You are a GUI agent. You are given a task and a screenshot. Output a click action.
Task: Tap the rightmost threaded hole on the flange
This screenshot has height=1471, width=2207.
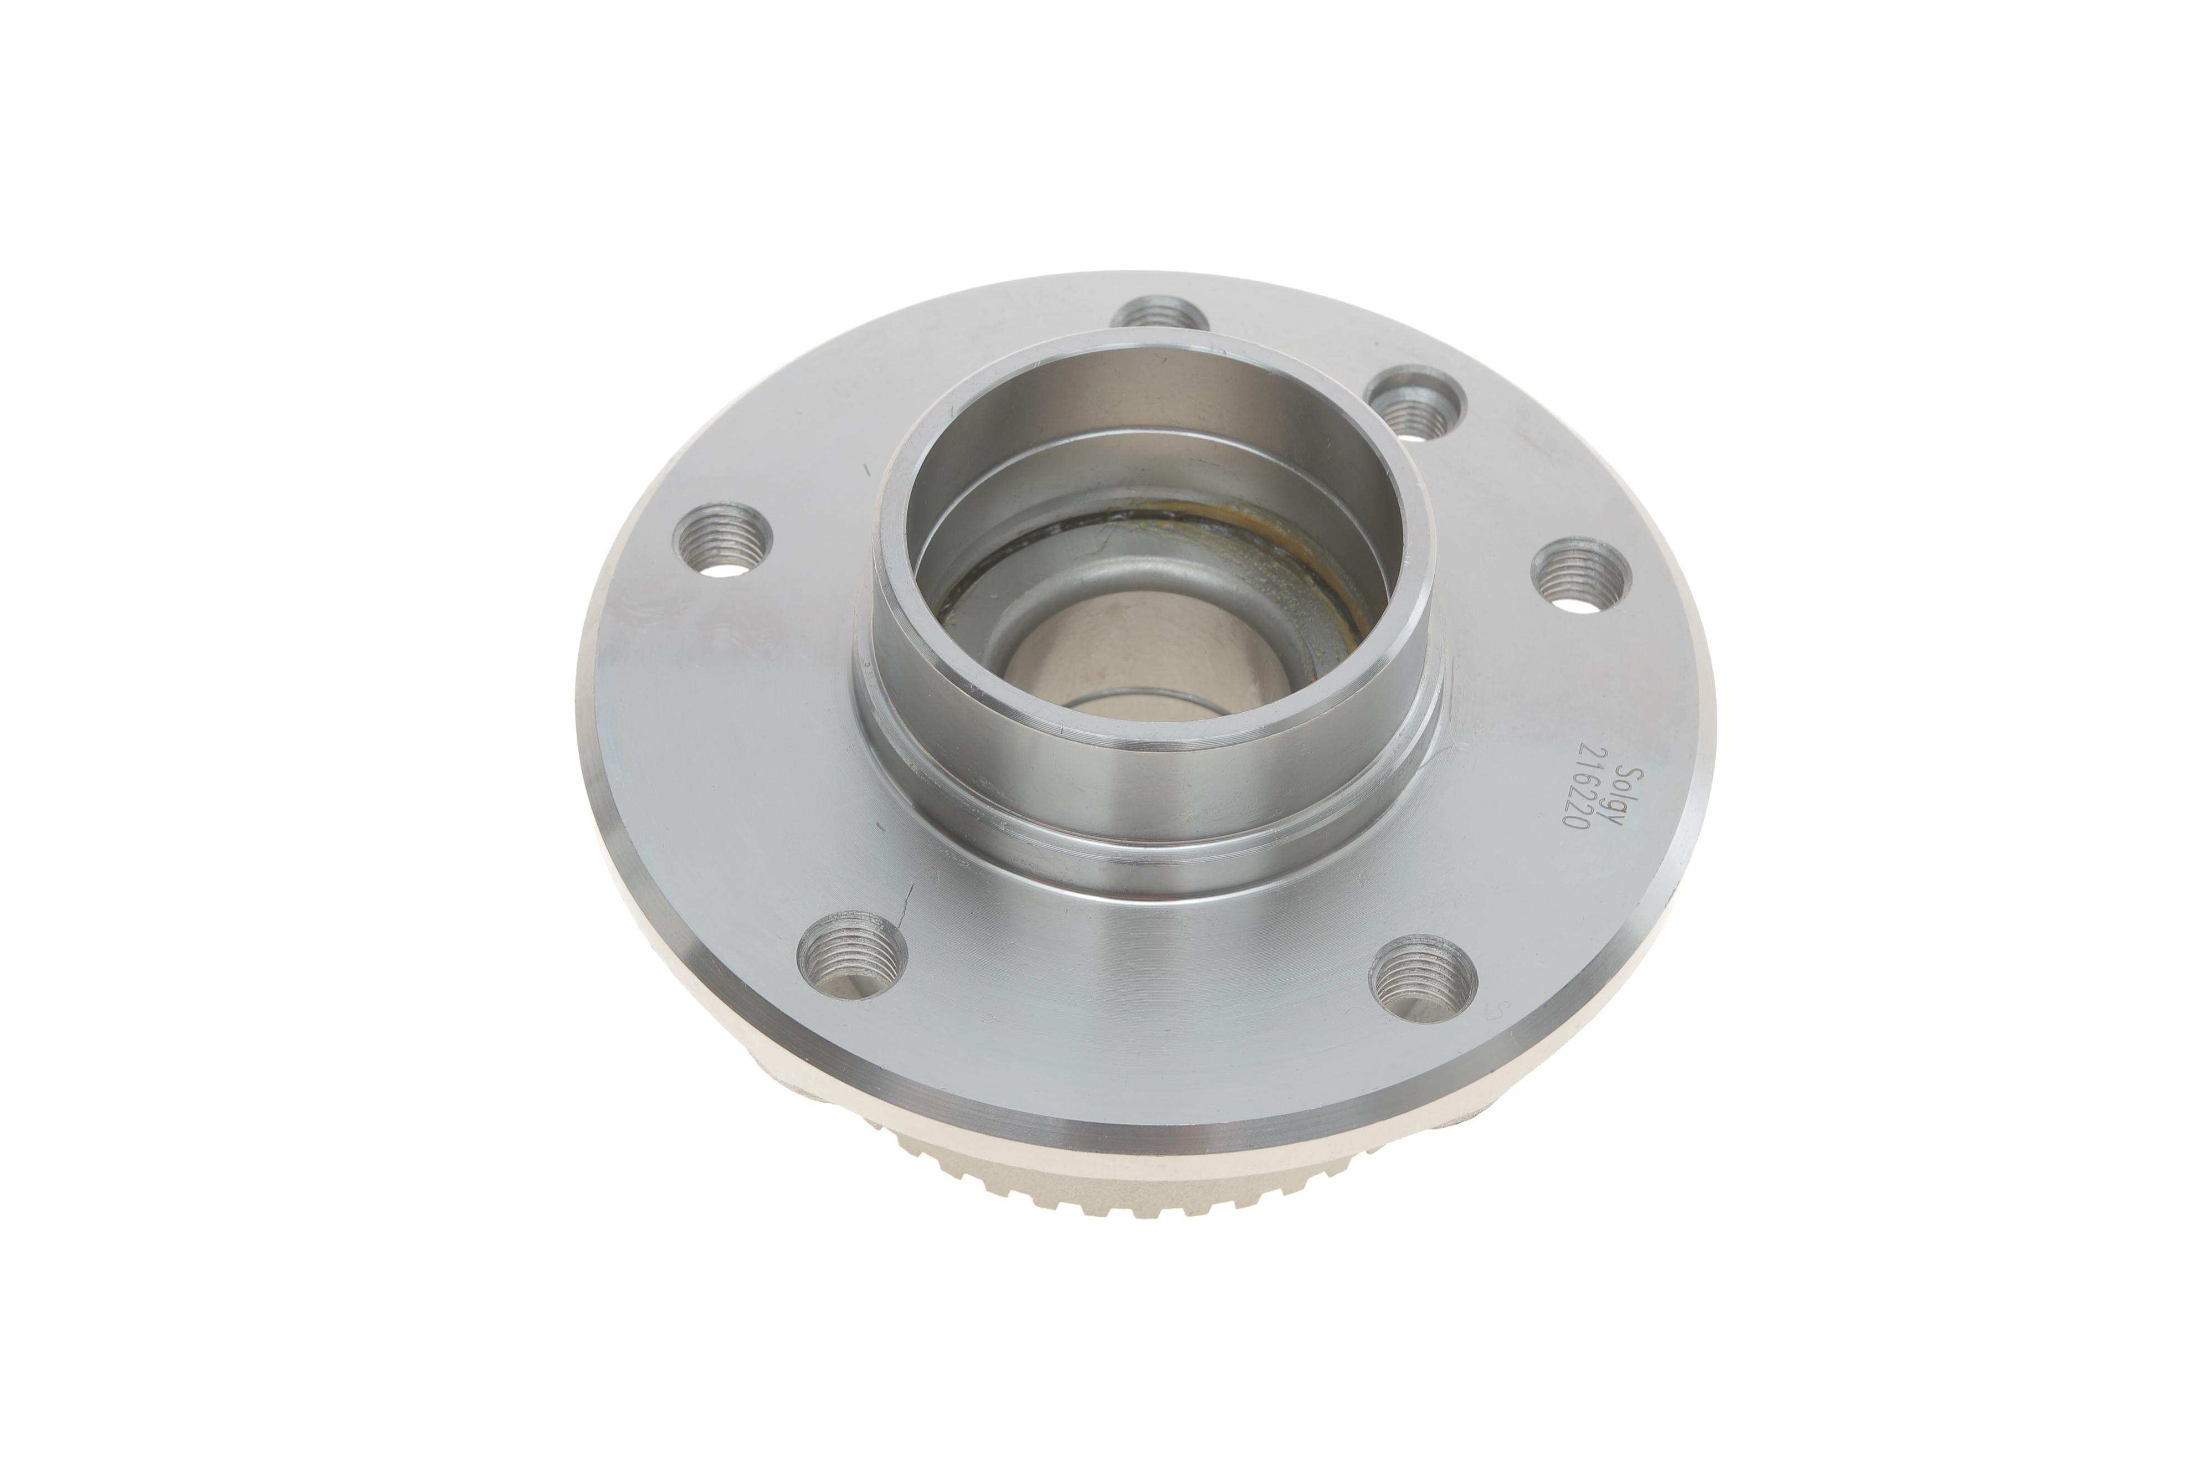tap(1579, 574)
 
